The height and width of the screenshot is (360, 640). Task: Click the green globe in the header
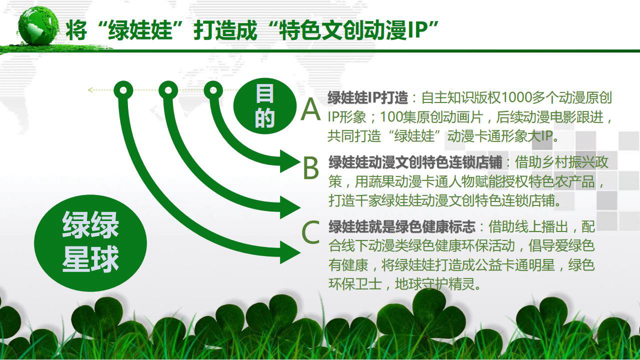(38, 25)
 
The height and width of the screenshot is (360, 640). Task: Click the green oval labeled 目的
(264, 105)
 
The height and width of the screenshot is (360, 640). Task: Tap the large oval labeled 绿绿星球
(90, 243)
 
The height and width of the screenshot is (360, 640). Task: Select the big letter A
(310, 109)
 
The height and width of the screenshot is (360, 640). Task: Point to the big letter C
(310, 232)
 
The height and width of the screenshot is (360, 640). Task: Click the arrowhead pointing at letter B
(289, 161)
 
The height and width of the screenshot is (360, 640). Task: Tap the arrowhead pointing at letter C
(289, 252)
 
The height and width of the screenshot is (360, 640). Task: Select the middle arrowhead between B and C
(289, 207)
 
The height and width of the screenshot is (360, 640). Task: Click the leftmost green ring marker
(123, 90)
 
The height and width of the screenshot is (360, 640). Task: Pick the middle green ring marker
(168, 90)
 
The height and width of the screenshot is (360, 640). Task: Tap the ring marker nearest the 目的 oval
(213, 90)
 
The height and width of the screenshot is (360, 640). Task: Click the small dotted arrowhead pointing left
(90, 90)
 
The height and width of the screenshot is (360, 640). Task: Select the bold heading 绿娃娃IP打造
(367, 97)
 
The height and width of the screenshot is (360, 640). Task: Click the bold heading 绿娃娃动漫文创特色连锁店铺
(415, 162)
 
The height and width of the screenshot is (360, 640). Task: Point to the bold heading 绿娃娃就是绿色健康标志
(402, 227)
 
